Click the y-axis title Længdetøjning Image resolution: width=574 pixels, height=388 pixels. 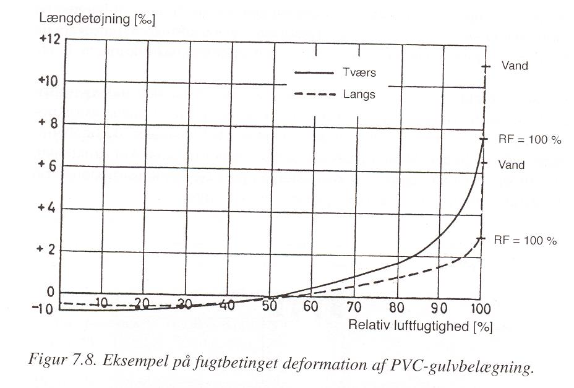click(85, 19)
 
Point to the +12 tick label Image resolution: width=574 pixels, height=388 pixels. click(49, 38)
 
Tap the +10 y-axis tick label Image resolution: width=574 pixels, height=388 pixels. click(49, 80)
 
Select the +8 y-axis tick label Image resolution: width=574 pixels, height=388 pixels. click(48, 123)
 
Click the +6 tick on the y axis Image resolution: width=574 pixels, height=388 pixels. click(48, 166)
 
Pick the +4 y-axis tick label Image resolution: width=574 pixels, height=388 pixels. click(46, 208)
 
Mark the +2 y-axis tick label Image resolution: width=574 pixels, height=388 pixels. click(46, 249)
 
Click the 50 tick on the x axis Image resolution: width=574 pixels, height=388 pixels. click(270, 306)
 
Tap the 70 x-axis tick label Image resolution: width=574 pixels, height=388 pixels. click(354, 307)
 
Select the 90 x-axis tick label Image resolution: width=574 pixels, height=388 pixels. click(439, 308)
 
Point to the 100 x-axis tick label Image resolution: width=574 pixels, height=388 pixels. click(480, 309)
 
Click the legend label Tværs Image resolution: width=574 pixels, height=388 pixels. click(359, 72)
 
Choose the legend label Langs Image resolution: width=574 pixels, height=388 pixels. click(359, 95)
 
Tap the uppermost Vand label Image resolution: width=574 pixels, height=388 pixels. click(515, 66)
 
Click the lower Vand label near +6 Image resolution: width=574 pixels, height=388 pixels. click(512, 165)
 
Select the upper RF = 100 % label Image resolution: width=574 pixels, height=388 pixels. click(529, 139)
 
